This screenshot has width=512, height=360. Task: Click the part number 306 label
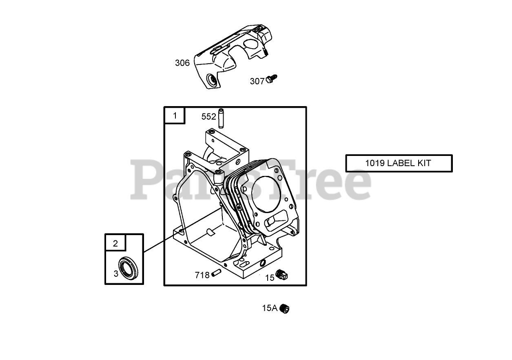[182, 63]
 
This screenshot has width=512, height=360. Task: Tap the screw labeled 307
[271, 79]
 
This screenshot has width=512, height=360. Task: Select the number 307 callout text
[257, 81]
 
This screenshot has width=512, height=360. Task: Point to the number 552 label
[208, 117]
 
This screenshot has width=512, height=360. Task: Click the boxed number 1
[175, 116]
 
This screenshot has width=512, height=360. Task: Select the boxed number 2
[115, 244]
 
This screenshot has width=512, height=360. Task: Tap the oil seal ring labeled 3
[129, 269]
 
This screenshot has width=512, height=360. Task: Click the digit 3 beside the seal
[116, 273]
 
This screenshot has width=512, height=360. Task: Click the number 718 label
[202, 275]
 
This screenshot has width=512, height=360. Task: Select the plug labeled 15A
[285, 309]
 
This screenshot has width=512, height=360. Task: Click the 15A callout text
[270, 308]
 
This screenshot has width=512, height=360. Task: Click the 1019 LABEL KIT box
[399, 163]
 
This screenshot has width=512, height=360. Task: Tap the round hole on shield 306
[213, 80]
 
